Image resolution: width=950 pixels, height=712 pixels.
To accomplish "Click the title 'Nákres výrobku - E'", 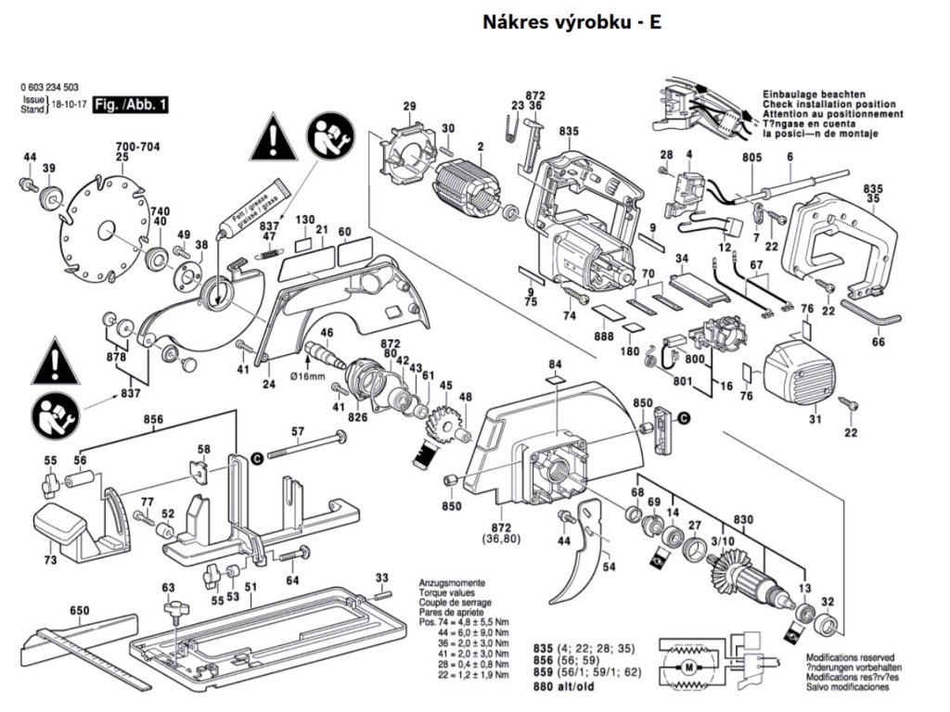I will coord(571,22).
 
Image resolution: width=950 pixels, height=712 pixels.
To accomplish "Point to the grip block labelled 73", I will coord(62,529).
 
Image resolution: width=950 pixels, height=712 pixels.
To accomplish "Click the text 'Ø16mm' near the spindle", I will coord(305,376).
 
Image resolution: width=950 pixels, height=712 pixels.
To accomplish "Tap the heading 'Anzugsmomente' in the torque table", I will coord(449,583).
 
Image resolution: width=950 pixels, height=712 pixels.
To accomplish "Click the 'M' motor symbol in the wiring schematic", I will coord(687,666).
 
